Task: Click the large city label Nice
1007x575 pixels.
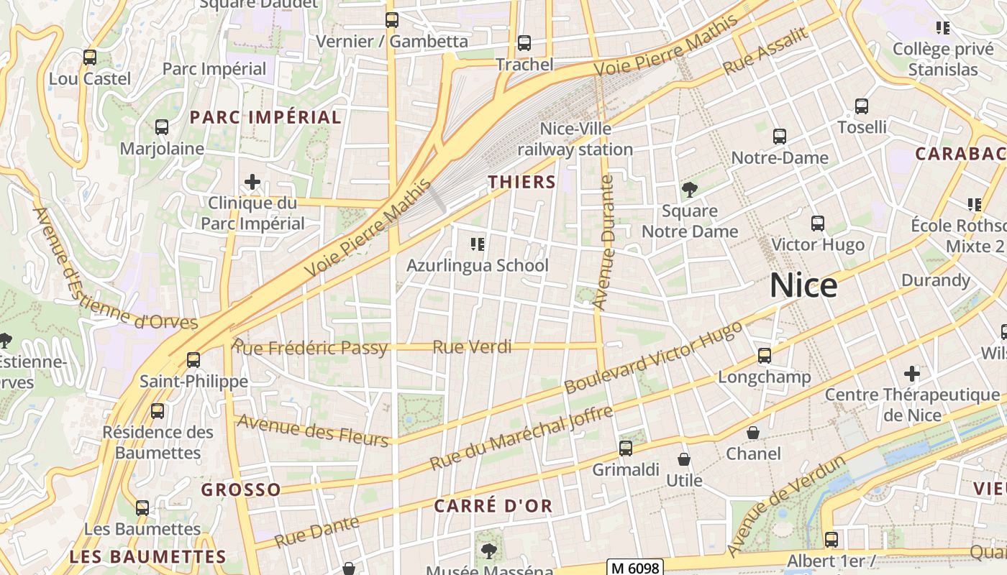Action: pos(803,286)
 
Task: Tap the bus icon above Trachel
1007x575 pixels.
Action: pos(524,43)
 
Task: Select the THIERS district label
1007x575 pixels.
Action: pos(522,182)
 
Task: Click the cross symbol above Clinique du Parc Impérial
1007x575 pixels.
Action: pos(252,182)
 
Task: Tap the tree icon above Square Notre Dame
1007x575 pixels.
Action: pos(690,190)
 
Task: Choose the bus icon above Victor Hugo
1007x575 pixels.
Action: pos(818,224)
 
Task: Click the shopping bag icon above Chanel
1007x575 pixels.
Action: pos(753,433)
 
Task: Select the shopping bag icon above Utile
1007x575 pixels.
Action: pos(684,459)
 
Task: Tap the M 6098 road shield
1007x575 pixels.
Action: pos(634,568)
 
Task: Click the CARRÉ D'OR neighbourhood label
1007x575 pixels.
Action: pos(493,505)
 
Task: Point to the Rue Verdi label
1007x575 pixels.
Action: pos(472,347)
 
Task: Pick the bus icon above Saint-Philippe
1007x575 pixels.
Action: pos(193,359)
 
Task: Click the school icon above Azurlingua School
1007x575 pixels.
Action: pos(477,244)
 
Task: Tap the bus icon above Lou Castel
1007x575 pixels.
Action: pos(90,57)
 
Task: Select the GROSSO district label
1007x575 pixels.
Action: pos(241,489)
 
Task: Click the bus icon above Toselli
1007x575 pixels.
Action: pos(862,106)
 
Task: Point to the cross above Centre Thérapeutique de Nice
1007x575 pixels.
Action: pos(912,374)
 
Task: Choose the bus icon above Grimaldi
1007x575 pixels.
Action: pos(626,448)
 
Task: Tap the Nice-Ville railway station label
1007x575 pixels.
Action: pos(575,139)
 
